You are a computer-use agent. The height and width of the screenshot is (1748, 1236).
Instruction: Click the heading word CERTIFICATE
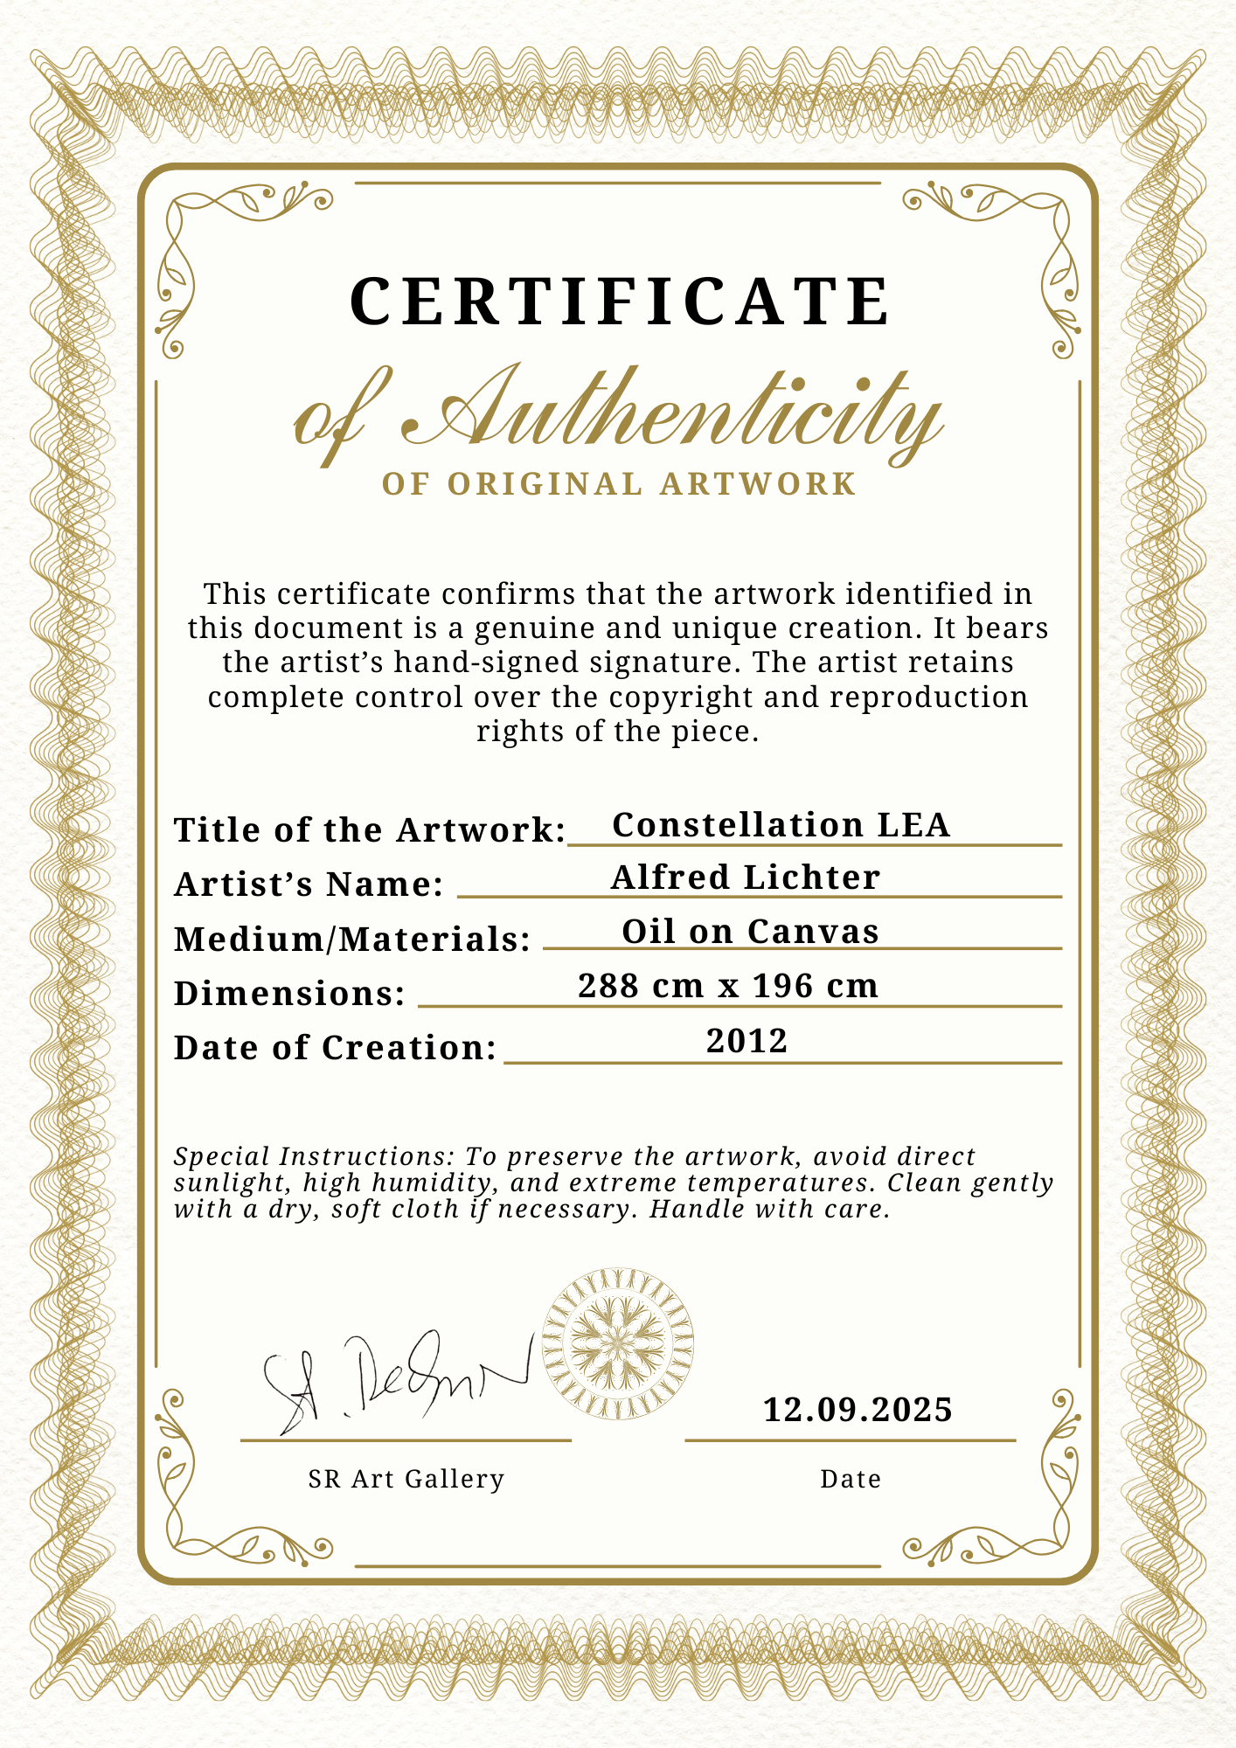[620, 302]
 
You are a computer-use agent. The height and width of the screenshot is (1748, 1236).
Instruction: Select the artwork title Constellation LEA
[781, 825]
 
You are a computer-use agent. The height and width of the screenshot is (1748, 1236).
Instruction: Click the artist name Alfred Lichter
[745, 877]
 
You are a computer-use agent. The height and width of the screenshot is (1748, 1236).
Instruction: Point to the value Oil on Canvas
[750, 932]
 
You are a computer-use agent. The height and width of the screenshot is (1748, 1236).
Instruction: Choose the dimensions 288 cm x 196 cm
[728, 986]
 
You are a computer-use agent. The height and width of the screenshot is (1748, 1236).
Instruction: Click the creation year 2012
[747, 1041]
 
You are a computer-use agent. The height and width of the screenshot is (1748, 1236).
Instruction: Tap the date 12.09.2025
[858, 1410]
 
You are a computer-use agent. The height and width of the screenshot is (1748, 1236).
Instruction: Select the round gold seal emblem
[618, 1344]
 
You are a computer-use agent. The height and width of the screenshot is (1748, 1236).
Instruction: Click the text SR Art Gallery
[406, 1479]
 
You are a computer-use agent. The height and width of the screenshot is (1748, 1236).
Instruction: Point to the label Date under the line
[851, 1479]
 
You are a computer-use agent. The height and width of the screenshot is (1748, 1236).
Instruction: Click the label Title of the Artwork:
[371, 830]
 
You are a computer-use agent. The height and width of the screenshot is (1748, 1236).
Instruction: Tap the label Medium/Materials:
[352, 940]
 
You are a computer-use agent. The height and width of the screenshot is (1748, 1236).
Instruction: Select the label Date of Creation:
[335, 1048]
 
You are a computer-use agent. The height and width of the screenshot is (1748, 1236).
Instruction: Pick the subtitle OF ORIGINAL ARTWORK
[619, 484]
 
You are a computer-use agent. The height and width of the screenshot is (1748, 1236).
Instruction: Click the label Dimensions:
[289, 994]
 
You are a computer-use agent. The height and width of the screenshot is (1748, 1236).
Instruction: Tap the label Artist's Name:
[309, 884]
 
